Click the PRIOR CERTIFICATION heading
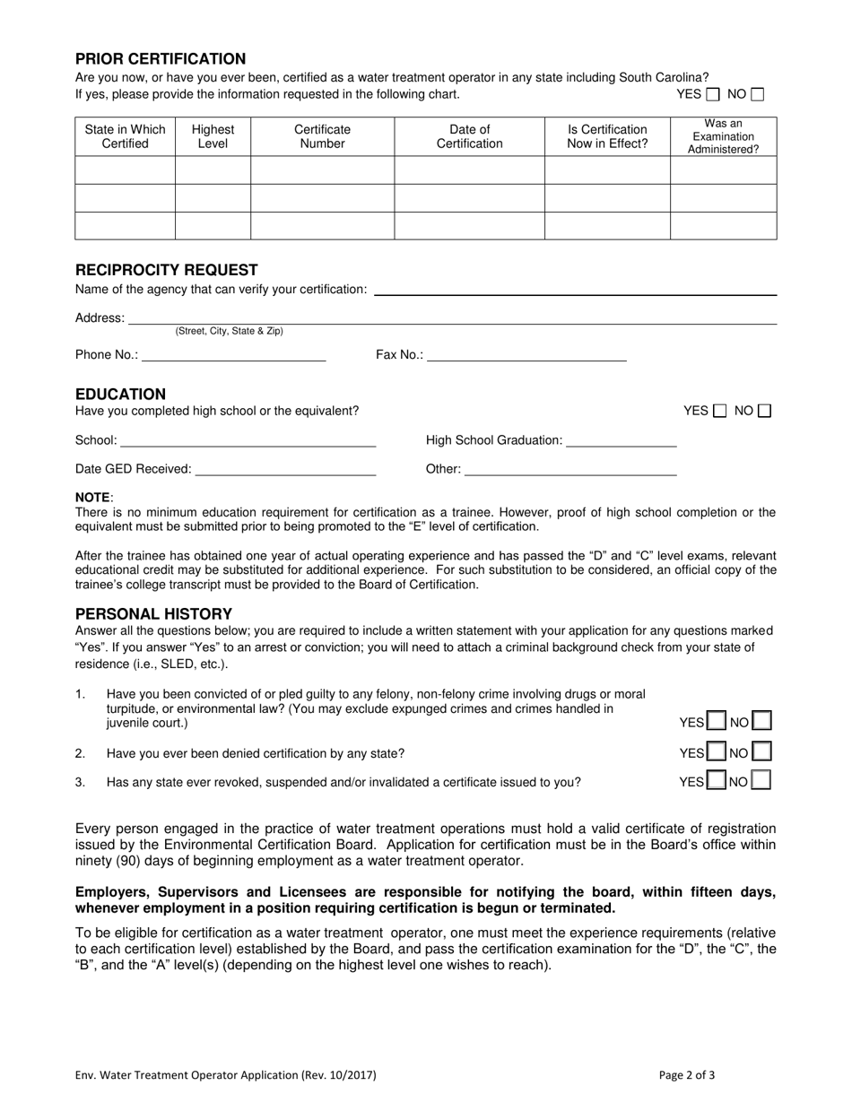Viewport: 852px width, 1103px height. point(160,59)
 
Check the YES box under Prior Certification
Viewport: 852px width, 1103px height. point(713,94)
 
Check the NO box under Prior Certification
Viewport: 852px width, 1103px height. point(758,94)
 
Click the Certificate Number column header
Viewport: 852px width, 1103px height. point(322,136)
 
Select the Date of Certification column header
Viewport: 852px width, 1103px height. point(469,136)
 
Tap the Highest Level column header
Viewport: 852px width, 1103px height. point(213,136)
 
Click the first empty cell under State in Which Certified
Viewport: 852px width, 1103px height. point(125,170)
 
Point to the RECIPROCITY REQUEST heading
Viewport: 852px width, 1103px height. point(166,270)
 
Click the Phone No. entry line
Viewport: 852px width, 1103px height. point(233,355)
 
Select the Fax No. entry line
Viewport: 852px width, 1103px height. point(526,355)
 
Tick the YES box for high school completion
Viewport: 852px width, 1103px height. point(719,412)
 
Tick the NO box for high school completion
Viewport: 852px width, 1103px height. point(764,412)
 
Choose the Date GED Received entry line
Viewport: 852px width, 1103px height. point(285,469)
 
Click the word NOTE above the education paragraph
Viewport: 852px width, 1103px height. point(92,498)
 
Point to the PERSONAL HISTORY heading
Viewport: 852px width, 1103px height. point(153,614)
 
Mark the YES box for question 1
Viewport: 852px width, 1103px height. point(717,722)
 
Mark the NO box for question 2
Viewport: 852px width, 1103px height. point(761,753)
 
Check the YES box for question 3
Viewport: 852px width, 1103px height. point(717,781)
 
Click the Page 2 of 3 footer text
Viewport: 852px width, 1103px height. point(687,1075)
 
